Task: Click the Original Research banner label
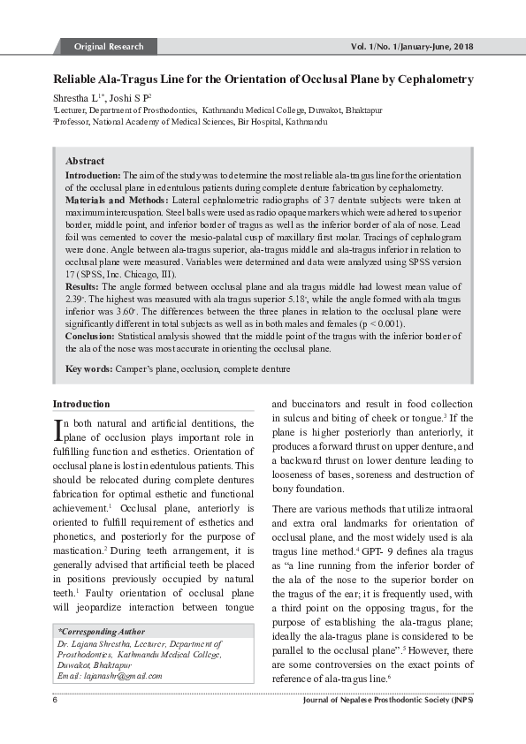pos(107,46)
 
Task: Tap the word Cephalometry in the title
pos(434,80)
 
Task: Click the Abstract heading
pos(85,162)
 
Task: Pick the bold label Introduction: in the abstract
pos(93,176)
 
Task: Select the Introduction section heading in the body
pos(82,404)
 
